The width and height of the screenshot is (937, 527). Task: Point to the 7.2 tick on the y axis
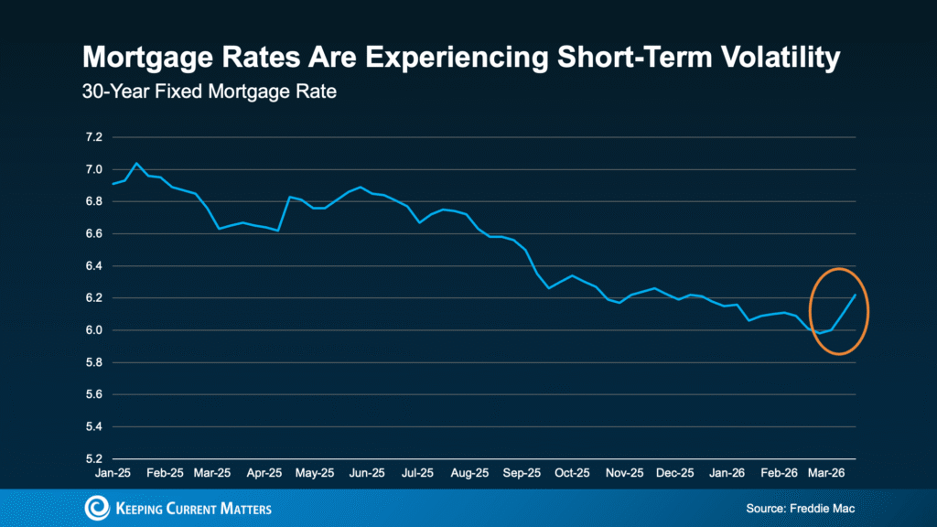tap(93, 137)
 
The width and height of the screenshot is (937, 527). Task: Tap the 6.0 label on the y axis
tap(93, 330)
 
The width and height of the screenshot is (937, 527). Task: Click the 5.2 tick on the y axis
tap(93, 459)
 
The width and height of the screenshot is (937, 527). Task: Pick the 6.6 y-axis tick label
tap(93, 234)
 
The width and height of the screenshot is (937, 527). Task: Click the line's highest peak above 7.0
tap(136, 163)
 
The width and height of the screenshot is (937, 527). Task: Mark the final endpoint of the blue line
tap(855, 295)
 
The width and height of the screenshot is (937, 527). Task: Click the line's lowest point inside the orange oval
tap(820, 333)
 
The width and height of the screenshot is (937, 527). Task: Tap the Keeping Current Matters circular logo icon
tap(96, 508)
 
